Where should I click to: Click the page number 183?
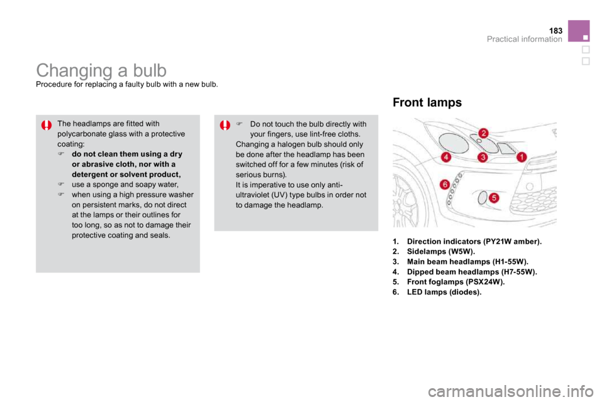[x=556, y=31]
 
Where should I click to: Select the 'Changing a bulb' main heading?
[x=101, y=70]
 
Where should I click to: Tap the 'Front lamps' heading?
[x=427, y=102]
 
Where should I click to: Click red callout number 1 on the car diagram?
[x=522, y=156]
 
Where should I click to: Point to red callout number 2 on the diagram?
[x=483, y=134]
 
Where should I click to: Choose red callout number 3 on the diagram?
[x=483, y=157]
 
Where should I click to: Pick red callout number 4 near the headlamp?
[x=445, y=157]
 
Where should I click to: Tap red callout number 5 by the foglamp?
[x=494, y=198]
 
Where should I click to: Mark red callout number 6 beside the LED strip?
[x=445, y=184]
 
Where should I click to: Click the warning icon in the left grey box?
[x=47, y=126]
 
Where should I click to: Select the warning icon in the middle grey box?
[x=225, y=126]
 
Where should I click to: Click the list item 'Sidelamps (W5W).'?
[x=433, y=252]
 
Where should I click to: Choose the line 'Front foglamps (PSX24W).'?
[x=449, y=282]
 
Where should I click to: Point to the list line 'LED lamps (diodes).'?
[x=437, y=292]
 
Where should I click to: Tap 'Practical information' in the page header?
[x=524, y=39]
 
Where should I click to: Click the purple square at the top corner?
[x=579, y=31]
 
